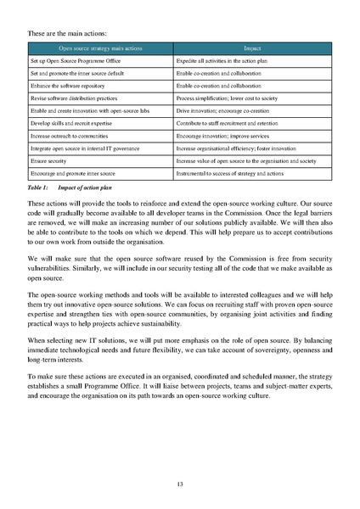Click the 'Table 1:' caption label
[39, 185]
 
